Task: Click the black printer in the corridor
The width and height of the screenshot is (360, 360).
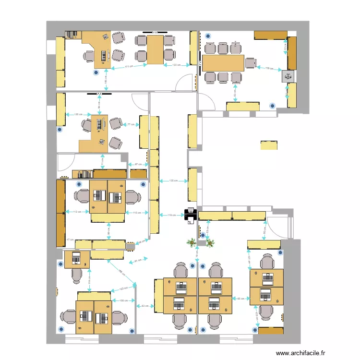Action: [x=190, y=215]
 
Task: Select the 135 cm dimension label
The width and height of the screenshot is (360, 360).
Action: [x=174, y=181]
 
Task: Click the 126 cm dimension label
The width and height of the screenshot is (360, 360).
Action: [x=78, y=114]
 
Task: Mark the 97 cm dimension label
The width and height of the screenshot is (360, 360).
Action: [x=138, y=165]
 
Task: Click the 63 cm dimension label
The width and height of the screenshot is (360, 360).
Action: [x=144, y=305]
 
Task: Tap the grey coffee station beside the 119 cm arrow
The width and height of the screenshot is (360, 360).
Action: [x=288, y=75]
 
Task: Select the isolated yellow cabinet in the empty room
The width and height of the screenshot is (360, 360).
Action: [x=269, y=145]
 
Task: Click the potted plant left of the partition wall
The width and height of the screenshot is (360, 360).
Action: [x=192, y=242]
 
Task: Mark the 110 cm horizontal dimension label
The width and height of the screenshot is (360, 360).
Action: [x=136, y=212]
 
